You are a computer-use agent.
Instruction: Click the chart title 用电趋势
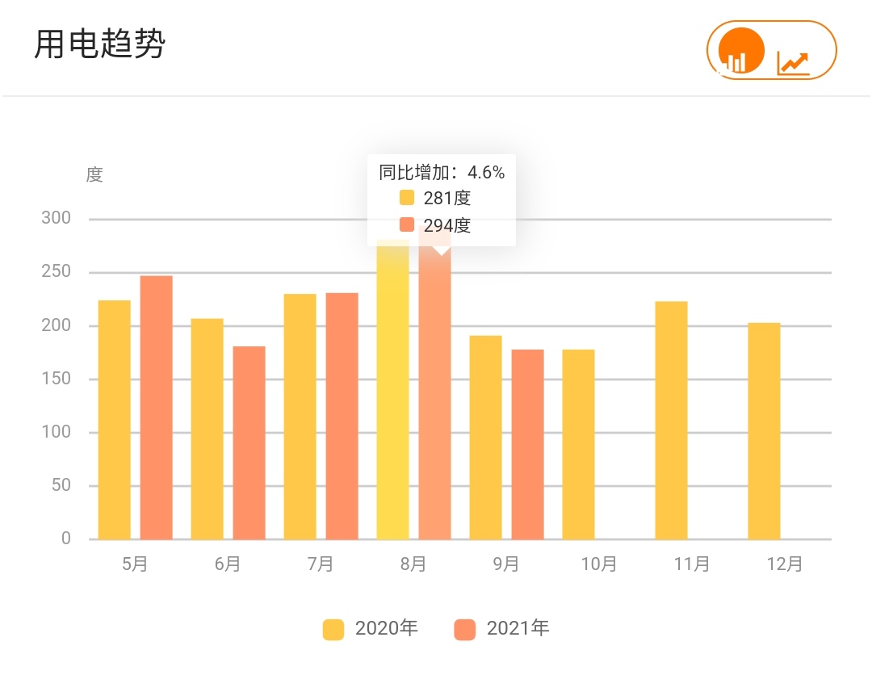tap(99, 44)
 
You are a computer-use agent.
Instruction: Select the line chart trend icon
tap(793, 62)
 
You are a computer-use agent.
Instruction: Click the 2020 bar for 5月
tap(114, 419)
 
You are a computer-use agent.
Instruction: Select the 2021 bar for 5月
tap(156, 407)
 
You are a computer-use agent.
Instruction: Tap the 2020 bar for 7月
tap(300, 416)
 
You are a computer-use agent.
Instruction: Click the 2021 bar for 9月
tap(527, 444)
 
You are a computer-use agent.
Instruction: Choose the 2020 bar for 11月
tap(671, 420)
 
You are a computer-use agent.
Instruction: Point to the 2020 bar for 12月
tap(764, 430)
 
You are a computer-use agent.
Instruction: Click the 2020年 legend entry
tap(371, 629)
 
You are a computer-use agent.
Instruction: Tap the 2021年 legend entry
tap(501, 629)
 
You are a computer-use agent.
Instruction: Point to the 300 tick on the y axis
tap(57, 218)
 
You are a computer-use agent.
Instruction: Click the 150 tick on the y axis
tap(57, 379)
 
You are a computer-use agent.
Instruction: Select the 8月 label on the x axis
tap(413, 564)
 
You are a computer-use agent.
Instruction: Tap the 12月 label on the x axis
tap(784, 564)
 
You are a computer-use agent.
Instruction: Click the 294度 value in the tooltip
tap(446, 225)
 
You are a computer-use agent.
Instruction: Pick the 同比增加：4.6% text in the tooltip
tap(442, 172)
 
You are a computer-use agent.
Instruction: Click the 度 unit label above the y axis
tap(94, 174)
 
